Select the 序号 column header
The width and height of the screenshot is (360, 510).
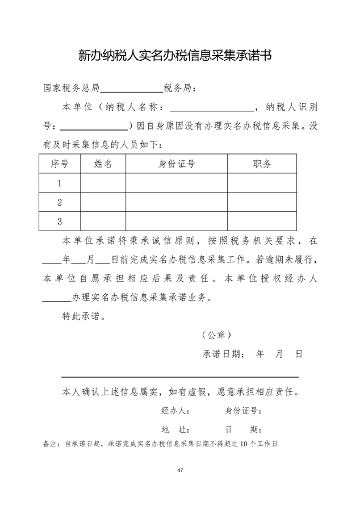(x=60, y=164)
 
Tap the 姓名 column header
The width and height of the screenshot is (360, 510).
(x=103, y=164)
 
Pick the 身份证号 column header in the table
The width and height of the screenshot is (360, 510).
(x=177, y=164)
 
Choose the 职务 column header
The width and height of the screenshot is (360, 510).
(x=262, y=164)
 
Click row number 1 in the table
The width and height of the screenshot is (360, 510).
(x=60, y=183)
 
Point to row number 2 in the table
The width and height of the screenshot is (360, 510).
(x=60, y=202)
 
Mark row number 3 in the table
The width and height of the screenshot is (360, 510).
(x=60, y=221)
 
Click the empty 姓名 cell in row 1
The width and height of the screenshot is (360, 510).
(x=103, y=183)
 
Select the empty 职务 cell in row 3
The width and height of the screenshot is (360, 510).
(x=262, y=221)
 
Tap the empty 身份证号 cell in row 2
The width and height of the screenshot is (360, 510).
(x=177, y=202)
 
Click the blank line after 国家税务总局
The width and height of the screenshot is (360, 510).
(x=132, y=90)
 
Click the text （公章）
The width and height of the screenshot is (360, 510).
(x=216, y=335)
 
